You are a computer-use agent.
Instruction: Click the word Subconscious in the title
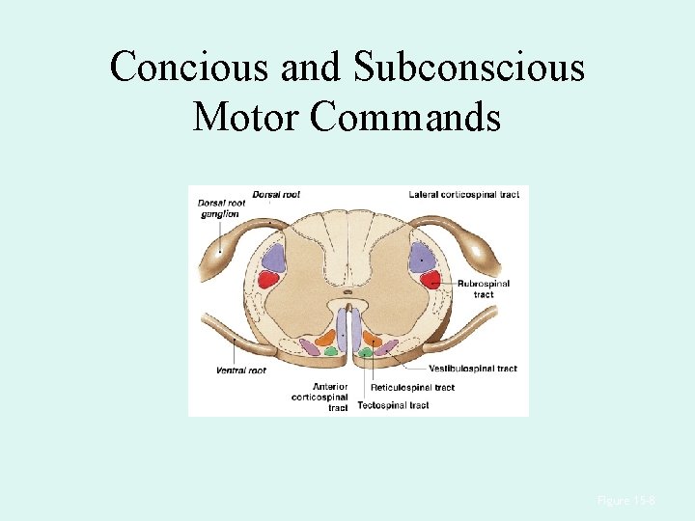pyautogui.click(x=469, y=68)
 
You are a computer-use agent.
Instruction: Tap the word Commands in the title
pyautogui.click(x=406, y=118)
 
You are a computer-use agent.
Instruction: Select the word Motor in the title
pyautogui.click(x=247, y=118)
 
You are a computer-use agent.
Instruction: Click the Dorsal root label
pyautogui.click(x=276, y=195)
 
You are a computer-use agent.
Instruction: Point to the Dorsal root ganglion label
pyautogui.click(x=218, y=208)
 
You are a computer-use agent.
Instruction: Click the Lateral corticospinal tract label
pyautogui.click(x=463, y=195)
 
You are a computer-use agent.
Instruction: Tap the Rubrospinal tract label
pyautogui.click(x=484, y=288)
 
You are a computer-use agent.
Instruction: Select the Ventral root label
pyautogui.click(x=241, y=370)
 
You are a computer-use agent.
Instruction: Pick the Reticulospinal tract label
pyautogui.click(x=412, y=388)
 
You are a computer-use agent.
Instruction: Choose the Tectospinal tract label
pyautogui.click(x=393, y=405)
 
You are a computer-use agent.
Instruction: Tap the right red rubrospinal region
pyautogui.click(x=431, y=280)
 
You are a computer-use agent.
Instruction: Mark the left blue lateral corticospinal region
pyautogui.click(x=274, y=257)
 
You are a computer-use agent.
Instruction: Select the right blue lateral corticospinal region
pyautogui.click(x=421, y=257)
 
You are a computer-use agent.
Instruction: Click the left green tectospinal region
pyautogui.click(x=331, y=351)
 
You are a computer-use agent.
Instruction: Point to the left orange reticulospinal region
pyautogui.click(x=324, y=339)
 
